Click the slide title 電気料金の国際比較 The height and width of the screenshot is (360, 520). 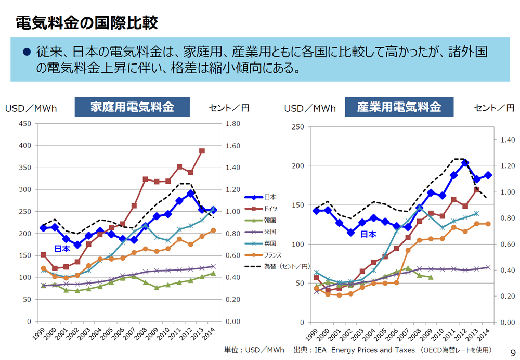[x=86, y=22]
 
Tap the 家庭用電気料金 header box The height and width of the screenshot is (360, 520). [x=132, y=107]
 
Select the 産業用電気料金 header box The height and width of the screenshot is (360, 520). [x=399, y=107]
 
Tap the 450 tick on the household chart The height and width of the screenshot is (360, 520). [x=24, y=124]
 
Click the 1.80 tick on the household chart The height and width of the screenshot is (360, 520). [x=232, y=124]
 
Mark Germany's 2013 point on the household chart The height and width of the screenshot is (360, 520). [x=202, y=151]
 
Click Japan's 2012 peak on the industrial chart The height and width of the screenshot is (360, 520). [x=465, y=163]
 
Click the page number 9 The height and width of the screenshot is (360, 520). [x=512, y=352]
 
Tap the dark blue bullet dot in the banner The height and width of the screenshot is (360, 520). [x=27, y=52]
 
